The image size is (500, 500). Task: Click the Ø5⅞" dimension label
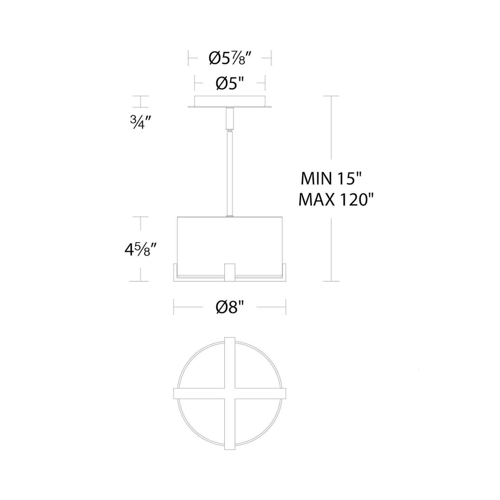coord(229,58)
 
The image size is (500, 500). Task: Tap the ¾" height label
coord(140,122)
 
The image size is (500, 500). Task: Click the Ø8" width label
coord(229,307)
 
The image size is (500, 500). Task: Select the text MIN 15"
coord(331,179)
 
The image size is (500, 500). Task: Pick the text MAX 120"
coord(337,200)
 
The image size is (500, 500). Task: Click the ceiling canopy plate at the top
coord(230,101)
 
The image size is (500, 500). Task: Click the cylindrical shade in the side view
coord(230,239)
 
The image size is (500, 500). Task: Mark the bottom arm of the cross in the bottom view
coord(230,426)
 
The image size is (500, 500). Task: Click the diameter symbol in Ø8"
coord(221,307)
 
